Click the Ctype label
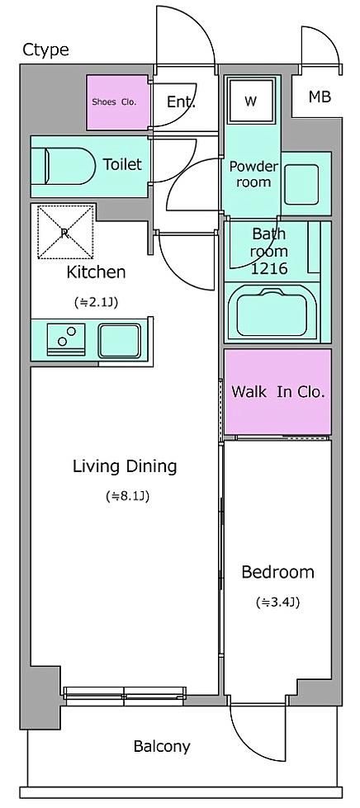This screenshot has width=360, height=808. (45, 50)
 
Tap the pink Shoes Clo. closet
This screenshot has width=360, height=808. (117, 102)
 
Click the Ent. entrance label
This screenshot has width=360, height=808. (181, 102)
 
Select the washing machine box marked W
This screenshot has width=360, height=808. (251, 101)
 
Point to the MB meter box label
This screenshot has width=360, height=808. (320, 97)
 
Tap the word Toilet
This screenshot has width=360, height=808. (122, 164)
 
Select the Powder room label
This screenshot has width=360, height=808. (253, 174)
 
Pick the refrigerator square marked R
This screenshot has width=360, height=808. (65, 232)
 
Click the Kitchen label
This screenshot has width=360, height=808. (96, 272)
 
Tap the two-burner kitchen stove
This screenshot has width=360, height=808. (65, 339)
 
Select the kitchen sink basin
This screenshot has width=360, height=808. (119, 341)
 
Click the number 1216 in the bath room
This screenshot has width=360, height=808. (268, 268)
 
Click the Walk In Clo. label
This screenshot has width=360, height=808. (278, 392)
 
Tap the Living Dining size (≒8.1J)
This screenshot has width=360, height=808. (127, 497)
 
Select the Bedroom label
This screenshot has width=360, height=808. (278, 571)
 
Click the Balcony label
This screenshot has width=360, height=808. (162, 746)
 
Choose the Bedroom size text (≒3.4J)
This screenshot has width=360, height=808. (278, 602)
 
